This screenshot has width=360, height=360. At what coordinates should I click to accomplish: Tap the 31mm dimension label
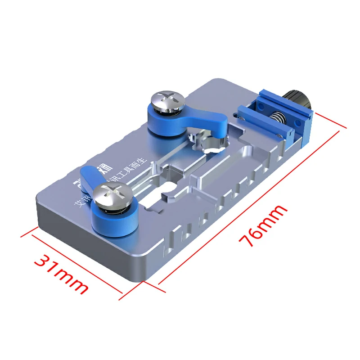pyautogui.click(x=62, y=274)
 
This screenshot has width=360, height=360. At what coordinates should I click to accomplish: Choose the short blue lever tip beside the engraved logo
pyautogui.click(x=89, y=174)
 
